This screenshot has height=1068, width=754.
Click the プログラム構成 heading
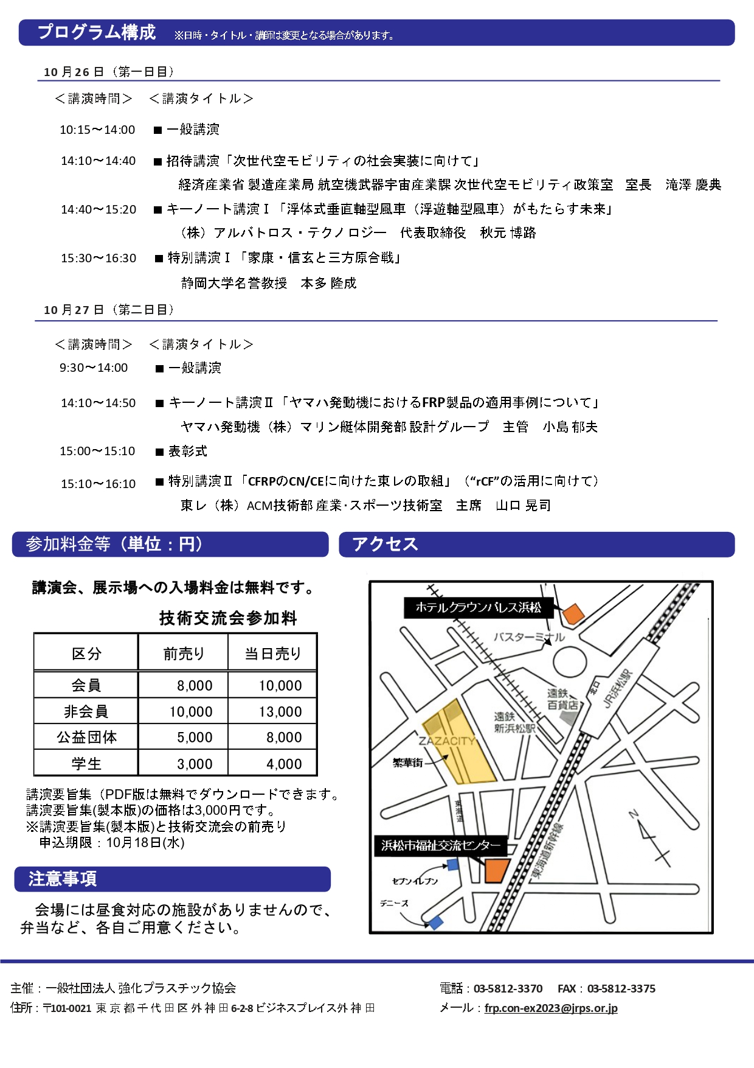point(97,32)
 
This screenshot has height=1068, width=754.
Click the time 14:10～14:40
point(98,161)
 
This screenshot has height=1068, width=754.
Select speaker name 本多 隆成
point(328,284)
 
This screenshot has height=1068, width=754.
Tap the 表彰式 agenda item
point(187,452)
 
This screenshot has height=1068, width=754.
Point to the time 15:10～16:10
point(98,484)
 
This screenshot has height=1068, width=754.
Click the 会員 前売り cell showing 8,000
point(195,686)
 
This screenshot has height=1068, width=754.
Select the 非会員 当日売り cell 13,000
point(280,712)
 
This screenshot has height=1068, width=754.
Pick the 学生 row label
point(86,764)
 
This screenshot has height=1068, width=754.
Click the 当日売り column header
point(273,654)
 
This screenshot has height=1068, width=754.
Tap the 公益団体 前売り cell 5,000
point(195,738)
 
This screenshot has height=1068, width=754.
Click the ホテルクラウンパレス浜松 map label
point(478,607)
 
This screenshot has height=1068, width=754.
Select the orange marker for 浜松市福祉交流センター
point(496,870)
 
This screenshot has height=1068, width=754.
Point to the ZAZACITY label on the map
point(446,741)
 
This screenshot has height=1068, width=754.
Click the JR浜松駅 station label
point(617,689)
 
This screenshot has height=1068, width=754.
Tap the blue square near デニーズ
point(436,923)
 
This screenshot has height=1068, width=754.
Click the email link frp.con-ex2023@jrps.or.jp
point(551,1008)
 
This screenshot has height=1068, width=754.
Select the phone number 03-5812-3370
point(508,989)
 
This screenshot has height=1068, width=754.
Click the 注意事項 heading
point(63,879)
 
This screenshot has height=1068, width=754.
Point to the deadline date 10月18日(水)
point(145,843)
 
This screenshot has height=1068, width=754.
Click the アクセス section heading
point(385,544)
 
